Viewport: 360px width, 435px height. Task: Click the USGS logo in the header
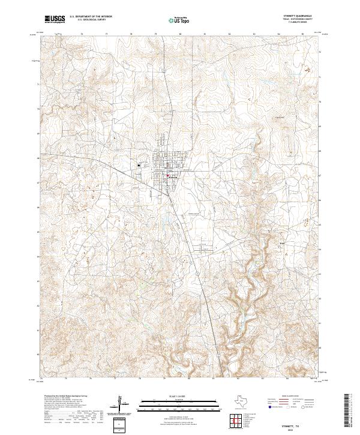[55, 19]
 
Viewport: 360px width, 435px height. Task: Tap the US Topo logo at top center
[179, 19]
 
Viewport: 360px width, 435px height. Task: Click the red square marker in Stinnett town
[168, 176]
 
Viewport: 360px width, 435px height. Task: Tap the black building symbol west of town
[139, 165]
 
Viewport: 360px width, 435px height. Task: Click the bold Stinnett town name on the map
[173, 178]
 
